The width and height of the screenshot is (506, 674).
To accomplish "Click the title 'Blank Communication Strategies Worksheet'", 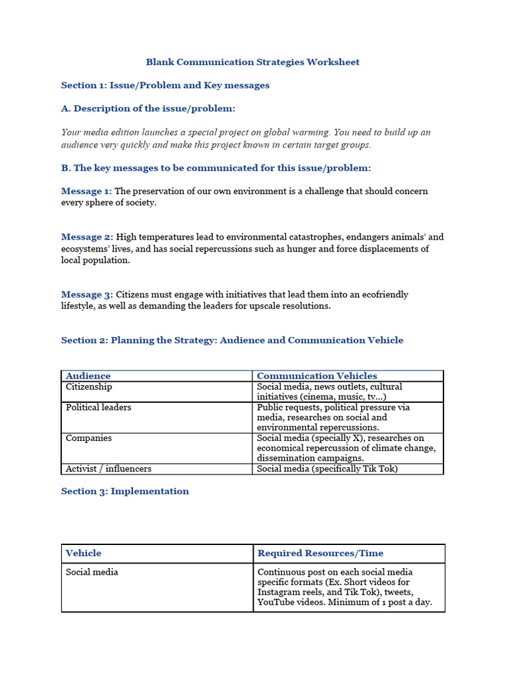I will point(252,63).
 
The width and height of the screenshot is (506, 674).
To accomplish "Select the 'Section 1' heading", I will point(165,86).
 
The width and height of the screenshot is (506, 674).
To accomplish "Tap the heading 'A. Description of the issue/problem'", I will point(148,109).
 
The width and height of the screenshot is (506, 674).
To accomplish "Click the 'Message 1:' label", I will point(86,192).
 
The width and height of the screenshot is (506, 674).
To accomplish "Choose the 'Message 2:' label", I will point(87,237).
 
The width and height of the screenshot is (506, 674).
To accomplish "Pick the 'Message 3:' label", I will point(87,295).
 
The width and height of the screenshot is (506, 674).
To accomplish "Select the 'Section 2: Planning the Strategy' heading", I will point(232,340).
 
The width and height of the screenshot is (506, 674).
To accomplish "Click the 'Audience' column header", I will point(88,376).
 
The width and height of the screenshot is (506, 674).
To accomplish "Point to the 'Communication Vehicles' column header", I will point(317,376).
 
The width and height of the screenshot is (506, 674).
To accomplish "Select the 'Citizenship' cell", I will point(89,387).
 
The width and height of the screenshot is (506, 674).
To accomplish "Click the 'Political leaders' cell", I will point(98,407).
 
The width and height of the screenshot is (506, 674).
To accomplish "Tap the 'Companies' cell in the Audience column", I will point(89,438).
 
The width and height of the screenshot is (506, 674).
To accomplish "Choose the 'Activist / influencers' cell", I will point(109,469).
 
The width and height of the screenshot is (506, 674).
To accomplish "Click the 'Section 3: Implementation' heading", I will point(125,492).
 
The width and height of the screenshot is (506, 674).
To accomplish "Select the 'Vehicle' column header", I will point(84,554).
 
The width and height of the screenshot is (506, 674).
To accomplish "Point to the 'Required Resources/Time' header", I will point(320,554).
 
